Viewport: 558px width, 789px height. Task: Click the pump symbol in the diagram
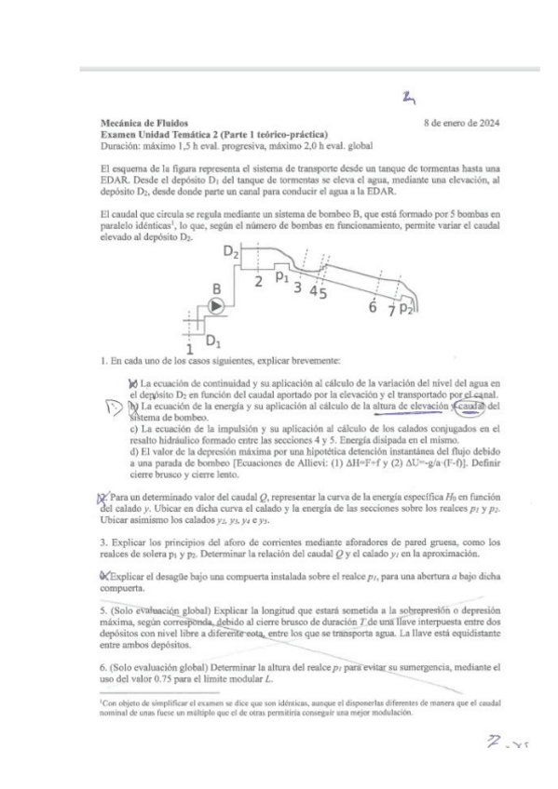pyautogui.click(x=216, y=305)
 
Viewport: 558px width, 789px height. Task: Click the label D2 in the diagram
pyautogui.click(x=232, y=251)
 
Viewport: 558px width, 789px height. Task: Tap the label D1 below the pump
pyautogui.click(x=212, y=339)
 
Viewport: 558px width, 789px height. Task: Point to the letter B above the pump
pyautogui.click(x=216, y=288)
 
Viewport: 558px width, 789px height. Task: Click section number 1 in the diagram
pyautogui.click(x=190, y=347)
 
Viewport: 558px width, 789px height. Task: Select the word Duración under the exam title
pyautogui.click(x=118, y=146)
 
